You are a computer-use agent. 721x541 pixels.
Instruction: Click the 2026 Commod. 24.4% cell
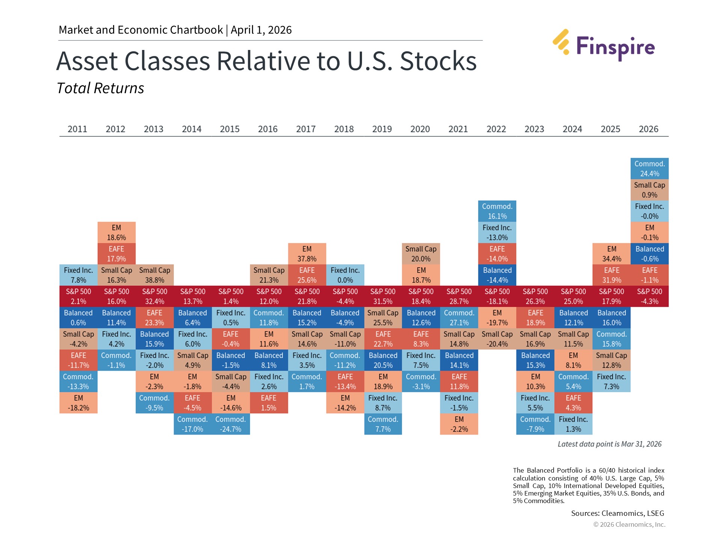649,169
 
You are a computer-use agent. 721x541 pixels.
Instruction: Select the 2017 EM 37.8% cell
307,254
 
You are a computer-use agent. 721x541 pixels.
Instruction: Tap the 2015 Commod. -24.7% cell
231,424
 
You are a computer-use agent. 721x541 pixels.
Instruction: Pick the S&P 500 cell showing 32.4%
154,296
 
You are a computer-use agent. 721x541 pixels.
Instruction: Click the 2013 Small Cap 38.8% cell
154,275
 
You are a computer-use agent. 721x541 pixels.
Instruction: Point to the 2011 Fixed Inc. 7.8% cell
78,275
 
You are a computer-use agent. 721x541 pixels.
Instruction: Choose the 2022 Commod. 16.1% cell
497,211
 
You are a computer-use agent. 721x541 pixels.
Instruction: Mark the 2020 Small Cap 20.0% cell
421,254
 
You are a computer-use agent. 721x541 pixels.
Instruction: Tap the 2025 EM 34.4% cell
611,254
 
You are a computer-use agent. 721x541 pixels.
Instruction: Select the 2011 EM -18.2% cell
78,403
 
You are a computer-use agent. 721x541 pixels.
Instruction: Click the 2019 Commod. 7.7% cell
383,424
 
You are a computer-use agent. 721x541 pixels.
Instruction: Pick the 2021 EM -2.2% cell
459,424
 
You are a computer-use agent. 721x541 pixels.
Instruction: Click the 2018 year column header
344,129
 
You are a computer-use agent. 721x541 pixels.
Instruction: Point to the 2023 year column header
534,129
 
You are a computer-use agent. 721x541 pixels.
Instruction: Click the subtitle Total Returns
100,88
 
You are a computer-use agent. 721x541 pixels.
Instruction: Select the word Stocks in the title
438,61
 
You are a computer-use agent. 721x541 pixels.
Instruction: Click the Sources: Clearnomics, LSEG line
617,513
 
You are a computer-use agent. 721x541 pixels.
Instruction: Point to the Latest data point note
609,444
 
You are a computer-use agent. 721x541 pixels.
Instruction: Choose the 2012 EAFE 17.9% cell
116,254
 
